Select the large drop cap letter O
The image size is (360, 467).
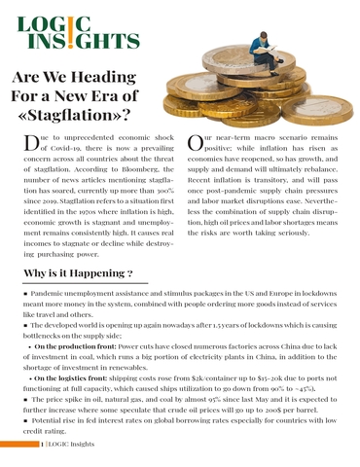[195, 147]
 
